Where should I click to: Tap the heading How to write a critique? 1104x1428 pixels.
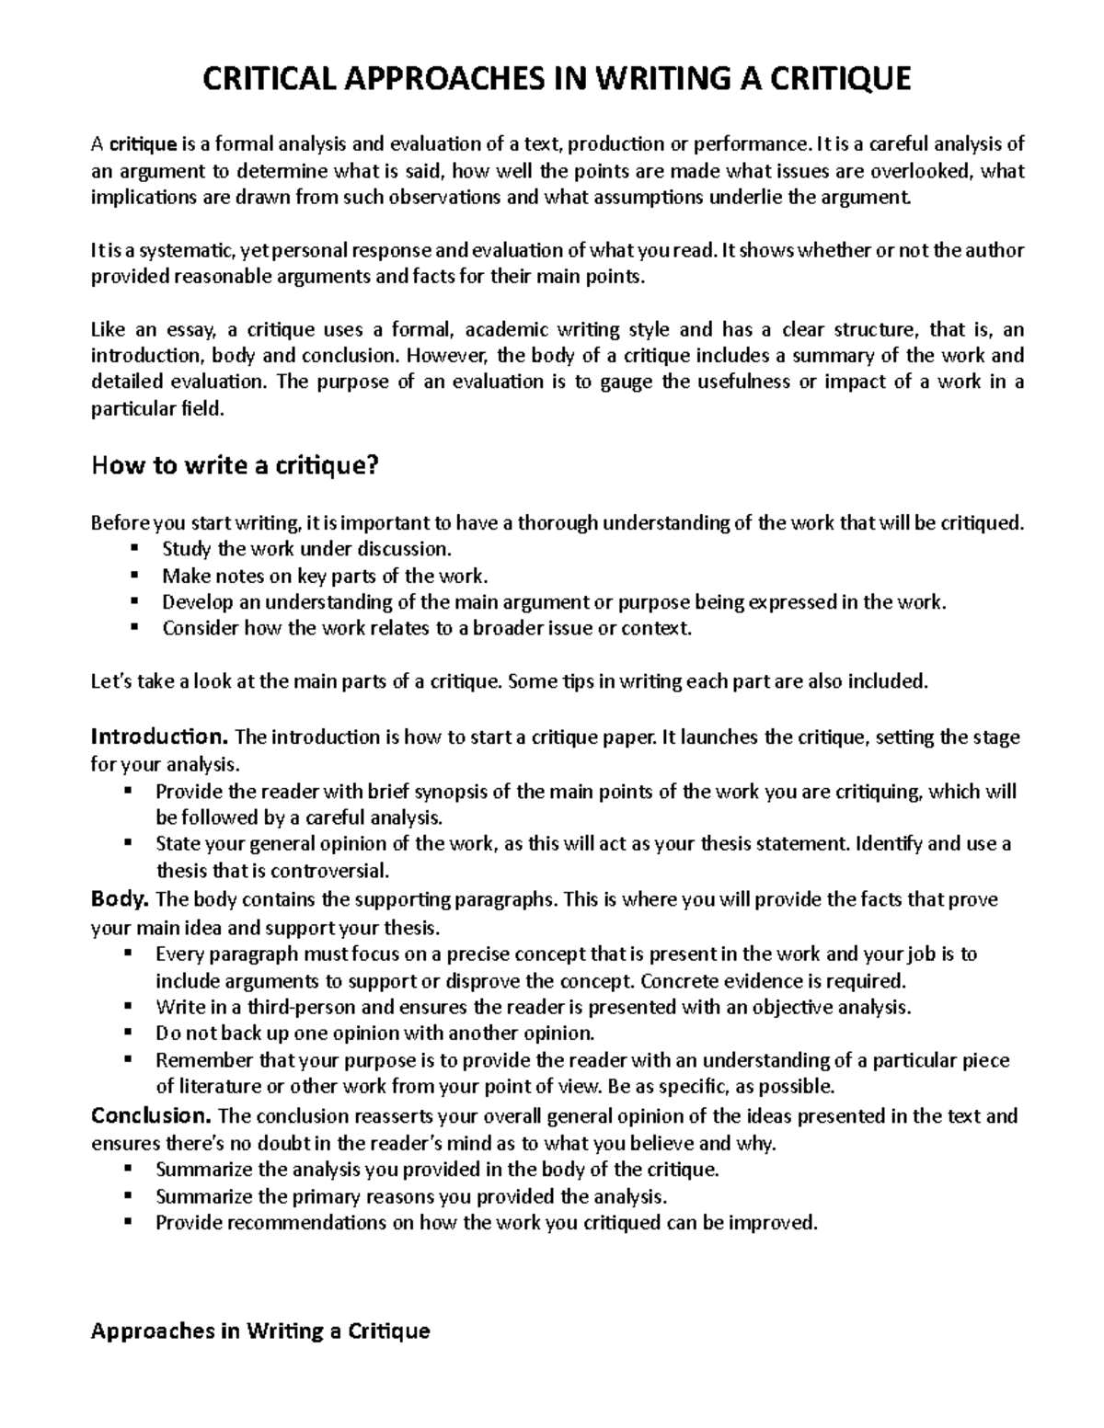click(235, 466)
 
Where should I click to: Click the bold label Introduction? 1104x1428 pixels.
click(159, 737)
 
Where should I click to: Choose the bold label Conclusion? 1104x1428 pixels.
click(151, 1116)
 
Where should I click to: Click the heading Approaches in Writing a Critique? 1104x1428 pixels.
click(260, 1331)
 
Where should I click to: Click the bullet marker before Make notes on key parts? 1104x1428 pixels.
click(134, 576)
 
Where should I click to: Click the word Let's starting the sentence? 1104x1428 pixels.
click(113, 681)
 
